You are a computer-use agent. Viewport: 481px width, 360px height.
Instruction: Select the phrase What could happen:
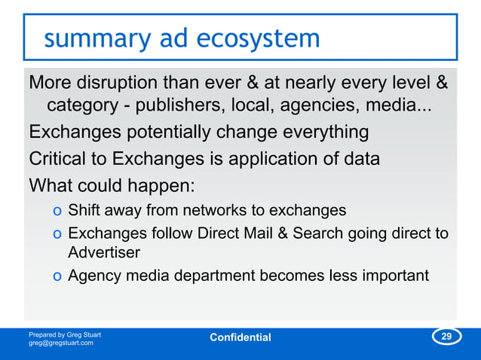click(92, 185)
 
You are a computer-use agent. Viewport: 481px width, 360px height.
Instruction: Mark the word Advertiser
click(104, 252)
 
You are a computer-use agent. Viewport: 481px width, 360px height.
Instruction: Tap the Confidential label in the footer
click(240, 337)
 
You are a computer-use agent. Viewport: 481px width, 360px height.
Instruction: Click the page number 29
click(446, 336)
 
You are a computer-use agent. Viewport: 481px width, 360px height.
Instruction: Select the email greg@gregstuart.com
click(61, 343)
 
